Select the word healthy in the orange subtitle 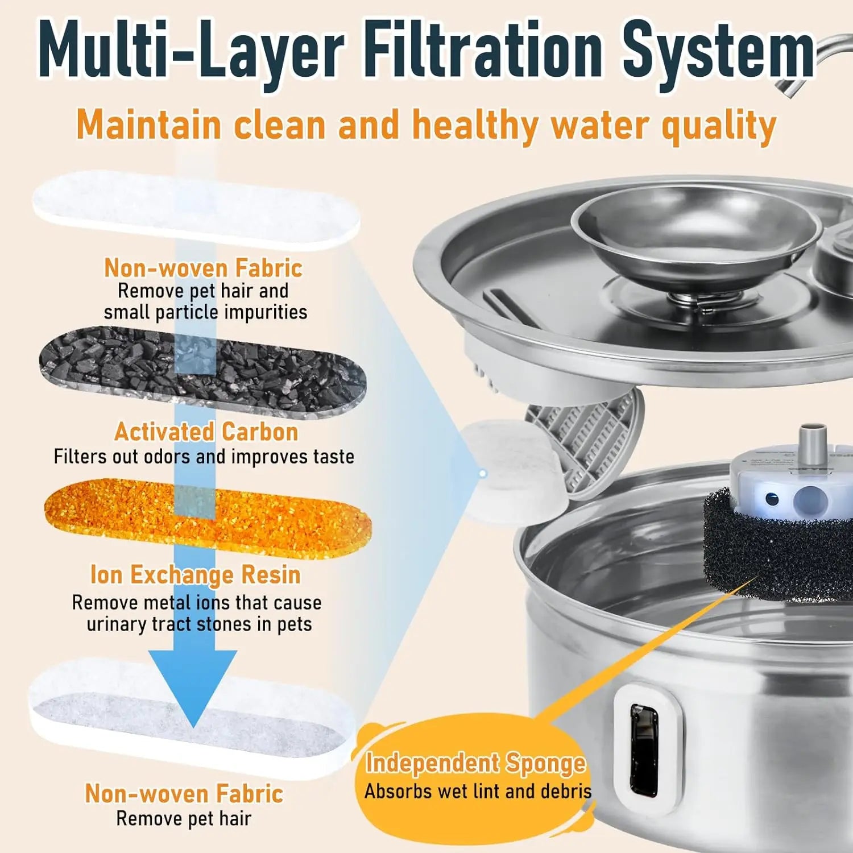(x=475, y=125)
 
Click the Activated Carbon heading (x=206, y=432)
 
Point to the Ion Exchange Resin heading (x=195, y=574)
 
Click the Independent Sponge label (x=475, y=763)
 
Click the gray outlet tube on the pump (x=813, y=438)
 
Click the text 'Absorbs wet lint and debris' (x=478, y=791)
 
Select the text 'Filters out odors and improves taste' (x=204, y=456)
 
